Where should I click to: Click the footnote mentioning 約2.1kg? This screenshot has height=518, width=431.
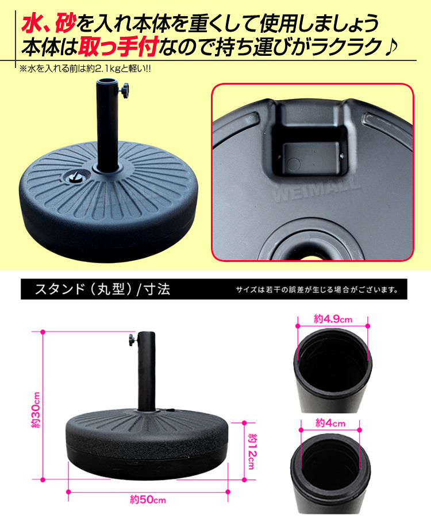coord(86,69)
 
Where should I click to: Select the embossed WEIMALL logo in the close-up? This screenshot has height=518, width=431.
coord(317,189)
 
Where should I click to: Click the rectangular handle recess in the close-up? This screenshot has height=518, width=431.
coord(311,142)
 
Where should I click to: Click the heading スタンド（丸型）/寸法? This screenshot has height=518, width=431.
coord(102,290)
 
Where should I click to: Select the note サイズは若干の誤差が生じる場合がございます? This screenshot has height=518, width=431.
coord(317,290)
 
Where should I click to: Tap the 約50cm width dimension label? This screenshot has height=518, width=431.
coord(148,499)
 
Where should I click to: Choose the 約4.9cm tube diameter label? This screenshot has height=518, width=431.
coord(333,319)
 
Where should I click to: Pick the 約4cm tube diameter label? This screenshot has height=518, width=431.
coord(330,423)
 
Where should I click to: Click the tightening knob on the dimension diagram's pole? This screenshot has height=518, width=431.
coord(133,340)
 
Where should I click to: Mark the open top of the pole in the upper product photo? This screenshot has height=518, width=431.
coord(107,81)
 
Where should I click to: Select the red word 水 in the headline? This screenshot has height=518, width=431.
coord(33,23)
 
